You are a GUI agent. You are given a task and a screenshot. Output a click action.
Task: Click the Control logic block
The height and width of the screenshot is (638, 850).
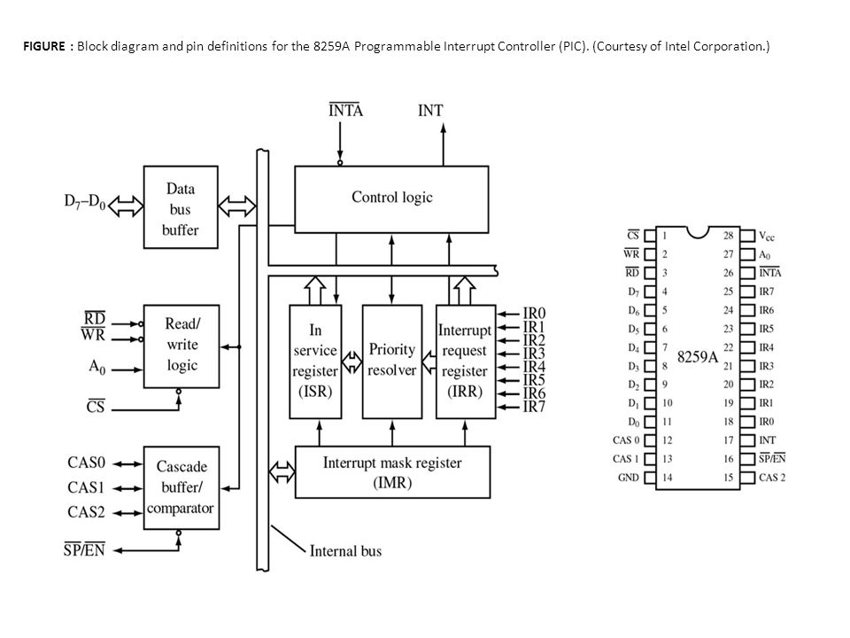pos(391,199)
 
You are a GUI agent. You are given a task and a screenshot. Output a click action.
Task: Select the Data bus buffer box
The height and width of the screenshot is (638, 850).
pos(181,207)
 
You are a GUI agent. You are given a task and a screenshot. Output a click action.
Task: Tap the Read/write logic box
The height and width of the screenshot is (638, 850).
pos(181,346)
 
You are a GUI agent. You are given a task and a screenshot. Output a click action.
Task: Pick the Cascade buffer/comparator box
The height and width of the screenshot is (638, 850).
pos(181,487)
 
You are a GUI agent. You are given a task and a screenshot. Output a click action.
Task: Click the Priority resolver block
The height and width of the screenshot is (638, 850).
pos(392,362)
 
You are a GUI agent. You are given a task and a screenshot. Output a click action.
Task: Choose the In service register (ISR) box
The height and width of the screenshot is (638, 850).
pos(315,362)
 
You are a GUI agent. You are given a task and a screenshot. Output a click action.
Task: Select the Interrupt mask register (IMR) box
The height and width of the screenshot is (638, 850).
pos(392,472)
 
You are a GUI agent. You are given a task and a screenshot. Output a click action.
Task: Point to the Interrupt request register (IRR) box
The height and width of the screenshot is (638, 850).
pos(466,362)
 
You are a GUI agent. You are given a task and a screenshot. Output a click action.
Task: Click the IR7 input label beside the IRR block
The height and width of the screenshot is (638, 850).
pos(534,407)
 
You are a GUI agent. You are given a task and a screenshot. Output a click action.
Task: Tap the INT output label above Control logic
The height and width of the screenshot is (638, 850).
pos(430,111)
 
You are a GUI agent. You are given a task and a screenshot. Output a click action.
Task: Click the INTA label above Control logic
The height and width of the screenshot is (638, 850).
pos(345,110)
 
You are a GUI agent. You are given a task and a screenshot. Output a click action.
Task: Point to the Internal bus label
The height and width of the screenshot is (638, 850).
pos(345,551)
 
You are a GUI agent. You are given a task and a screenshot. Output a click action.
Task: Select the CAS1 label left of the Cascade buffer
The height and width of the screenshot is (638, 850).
pos(86,487)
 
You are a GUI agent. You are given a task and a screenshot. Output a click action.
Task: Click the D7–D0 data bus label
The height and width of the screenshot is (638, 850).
pos(85,202)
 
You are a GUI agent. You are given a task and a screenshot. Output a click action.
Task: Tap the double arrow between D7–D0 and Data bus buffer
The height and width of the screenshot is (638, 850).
pos(126,206)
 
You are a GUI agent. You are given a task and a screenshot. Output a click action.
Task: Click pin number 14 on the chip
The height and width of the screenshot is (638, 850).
pos(667,478)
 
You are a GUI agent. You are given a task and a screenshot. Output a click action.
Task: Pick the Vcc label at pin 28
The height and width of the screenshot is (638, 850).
pos(767,236)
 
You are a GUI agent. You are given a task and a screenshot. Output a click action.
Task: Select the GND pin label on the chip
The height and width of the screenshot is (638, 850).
pos(629,478)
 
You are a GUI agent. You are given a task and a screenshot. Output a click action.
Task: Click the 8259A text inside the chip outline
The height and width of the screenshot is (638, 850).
pos(698,356)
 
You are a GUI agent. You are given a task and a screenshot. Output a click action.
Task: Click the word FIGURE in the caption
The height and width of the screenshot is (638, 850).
pos(44,46)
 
